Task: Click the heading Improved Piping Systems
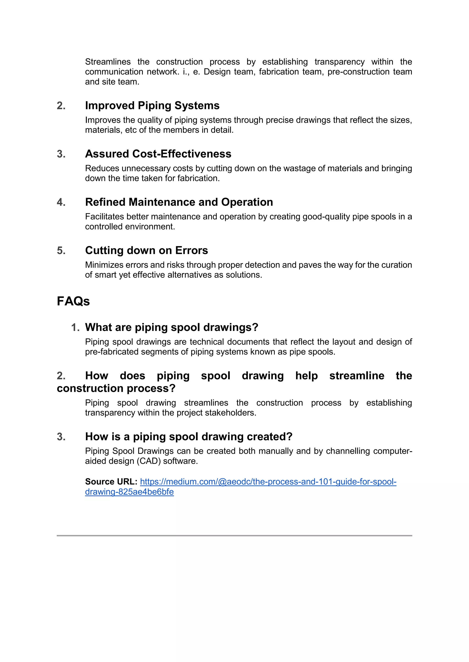click(152, 106)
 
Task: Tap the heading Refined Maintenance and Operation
click(179, 202)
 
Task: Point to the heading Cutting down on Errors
click(146, 250)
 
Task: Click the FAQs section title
click(73, 301)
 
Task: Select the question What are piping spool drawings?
click(172, 327)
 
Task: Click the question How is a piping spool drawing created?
click(188, 437)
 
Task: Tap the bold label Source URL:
click(111, 481)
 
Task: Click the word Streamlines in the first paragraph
click(108, 62)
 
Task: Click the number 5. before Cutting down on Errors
click(61, 251)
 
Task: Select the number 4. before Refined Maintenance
click(61, 202)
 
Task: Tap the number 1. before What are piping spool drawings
click(75, 328)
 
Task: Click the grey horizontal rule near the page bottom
click(234, 535)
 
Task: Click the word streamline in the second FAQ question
click(357, 376)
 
